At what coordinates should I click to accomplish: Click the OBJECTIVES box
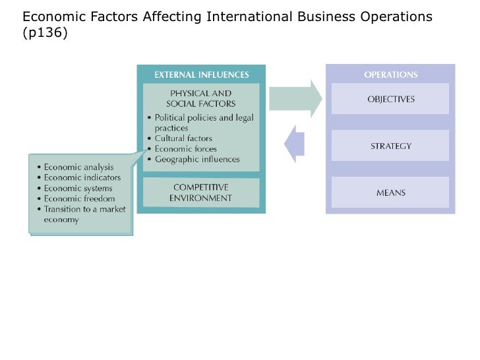tap(390, 99)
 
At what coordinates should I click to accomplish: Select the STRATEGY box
tap(390, 146)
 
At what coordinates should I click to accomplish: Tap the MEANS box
tap(390, 193)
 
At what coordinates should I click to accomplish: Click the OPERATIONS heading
tap(390, 75)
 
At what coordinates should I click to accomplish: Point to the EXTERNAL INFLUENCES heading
tap(201, 75)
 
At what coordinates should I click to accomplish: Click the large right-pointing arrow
tap(295, 99)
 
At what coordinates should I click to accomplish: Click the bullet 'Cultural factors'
tap(183, 138)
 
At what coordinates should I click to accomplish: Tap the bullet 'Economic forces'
tap(185, 149)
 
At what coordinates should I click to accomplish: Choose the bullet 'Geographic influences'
tap(196, 160)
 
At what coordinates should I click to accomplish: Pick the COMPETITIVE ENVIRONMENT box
tap(201, 193)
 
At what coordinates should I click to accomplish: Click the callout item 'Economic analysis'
tap(79, 167)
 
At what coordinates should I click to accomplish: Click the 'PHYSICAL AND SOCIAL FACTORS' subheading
tap(201, 98)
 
